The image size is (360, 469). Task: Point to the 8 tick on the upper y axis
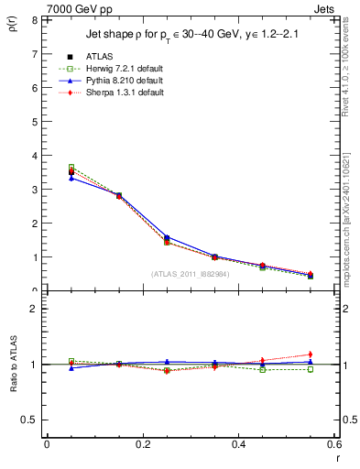pyautogui.click(x=35, y=20)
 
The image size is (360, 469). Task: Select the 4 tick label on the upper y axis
pyautogui.click(x=35, y=156)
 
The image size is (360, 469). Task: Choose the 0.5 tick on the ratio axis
pyautogui.click(x=30, y=420)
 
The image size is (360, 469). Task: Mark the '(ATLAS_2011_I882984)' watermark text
pyautogui.click(x=190, y=273)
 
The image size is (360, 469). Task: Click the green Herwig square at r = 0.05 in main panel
pyautogui.click(x=71, y=168)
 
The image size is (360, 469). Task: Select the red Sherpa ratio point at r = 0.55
pyautogui.click(x=311, y=354)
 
